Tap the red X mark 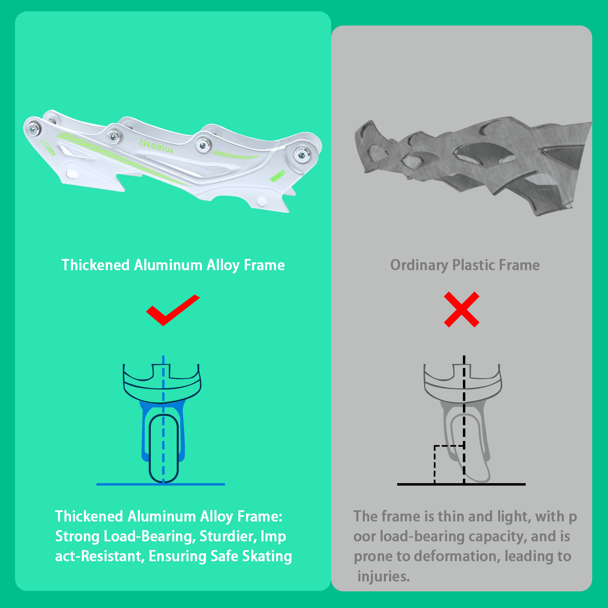click(462, 310)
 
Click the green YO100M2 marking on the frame click(156, 146)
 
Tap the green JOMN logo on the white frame click(278, 176)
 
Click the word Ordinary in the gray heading click(419, 265)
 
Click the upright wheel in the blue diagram click(163, 448)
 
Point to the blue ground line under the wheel click(161, 484)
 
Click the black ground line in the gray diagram click(461, 484)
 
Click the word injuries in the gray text click(383, 576)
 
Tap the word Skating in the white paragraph click(267, 557)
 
